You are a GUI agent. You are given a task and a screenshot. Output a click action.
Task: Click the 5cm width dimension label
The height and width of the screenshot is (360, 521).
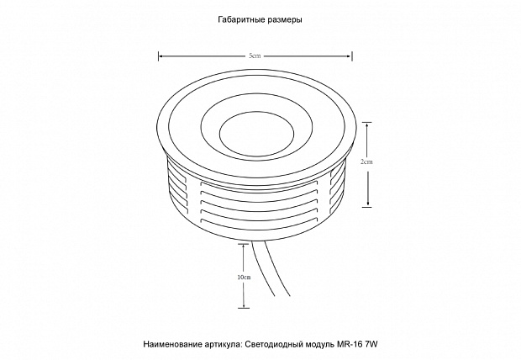[255, 56]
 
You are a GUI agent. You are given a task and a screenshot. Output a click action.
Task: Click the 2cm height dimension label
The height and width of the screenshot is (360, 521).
[366, 161]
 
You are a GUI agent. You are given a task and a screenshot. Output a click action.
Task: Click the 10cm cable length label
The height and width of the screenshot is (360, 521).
[245, 278]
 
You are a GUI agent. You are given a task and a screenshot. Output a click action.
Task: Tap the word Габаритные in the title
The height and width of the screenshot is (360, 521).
[241, 19]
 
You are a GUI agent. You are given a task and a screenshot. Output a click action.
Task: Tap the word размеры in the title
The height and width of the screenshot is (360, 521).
[285, 20]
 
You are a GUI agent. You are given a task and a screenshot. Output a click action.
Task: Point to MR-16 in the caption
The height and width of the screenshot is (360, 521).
[350, 344]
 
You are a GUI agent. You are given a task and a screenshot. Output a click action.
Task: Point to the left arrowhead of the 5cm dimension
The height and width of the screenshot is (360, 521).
[161, 56]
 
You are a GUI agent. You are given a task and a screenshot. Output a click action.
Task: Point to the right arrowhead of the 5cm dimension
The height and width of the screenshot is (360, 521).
[350, 56]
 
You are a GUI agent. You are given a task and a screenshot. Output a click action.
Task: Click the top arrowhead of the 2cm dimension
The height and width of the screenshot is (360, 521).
[367, 125]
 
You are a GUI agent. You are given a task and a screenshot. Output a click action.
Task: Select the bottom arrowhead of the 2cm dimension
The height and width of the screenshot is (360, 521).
[367, 204]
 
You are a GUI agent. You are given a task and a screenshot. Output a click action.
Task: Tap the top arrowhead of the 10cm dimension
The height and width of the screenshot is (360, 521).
[244, 246]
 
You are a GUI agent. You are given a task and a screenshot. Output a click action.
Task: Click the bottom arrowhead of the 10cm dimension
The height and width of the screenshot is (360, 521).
[244, 305]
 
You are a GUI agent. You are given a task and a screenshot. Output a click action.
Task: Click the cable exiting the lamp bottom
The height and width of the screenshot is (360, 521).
[270, 267]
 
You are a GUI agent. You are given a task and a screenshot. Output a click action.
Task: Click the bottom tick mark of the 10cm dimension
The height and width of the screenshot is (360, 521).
[244, 308]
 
